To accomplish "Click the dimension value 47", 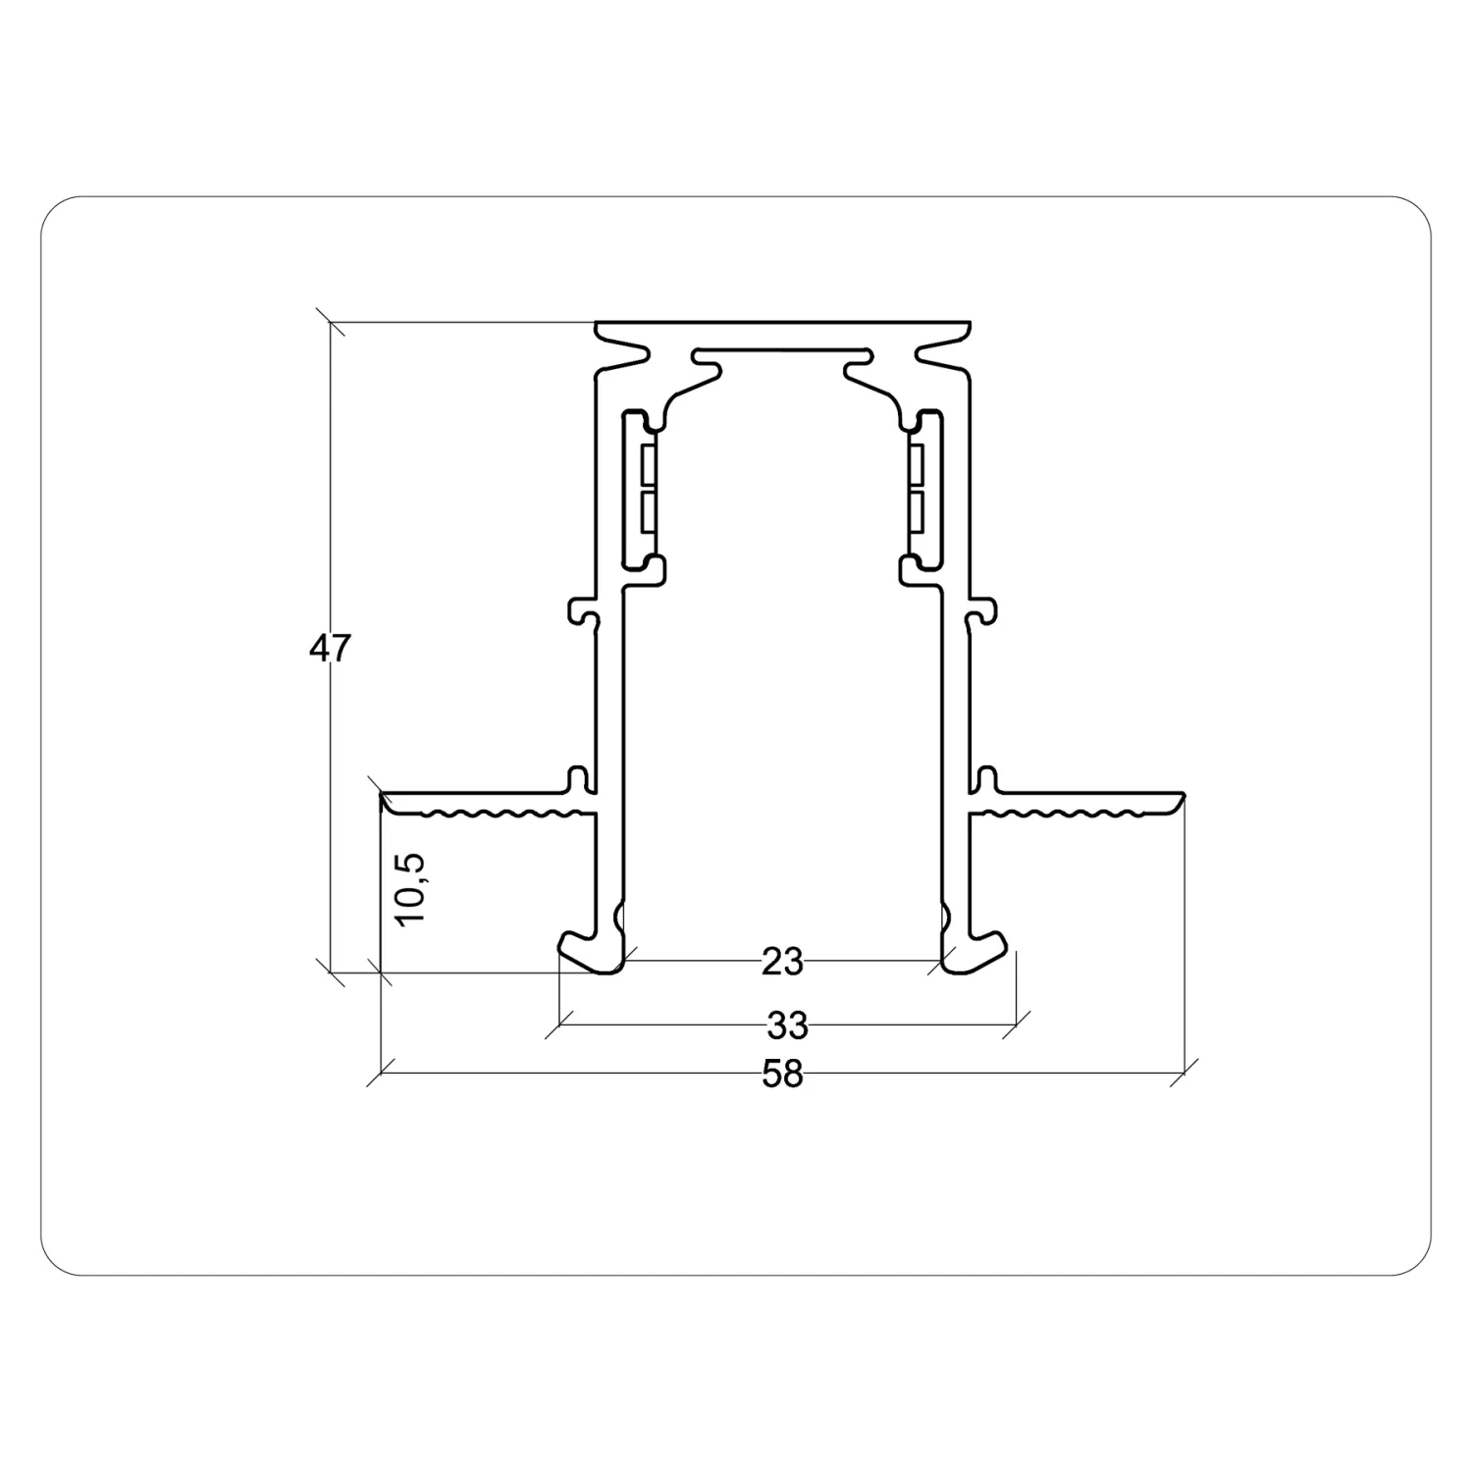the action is (329, 649).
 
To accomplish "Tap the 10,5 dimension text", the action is (412, 888).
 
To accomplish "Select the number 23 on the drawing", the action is (782, 963).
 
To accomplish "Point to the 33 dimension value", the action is (787, 1025).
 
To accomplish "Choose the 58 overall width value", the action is (782, 1075).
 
